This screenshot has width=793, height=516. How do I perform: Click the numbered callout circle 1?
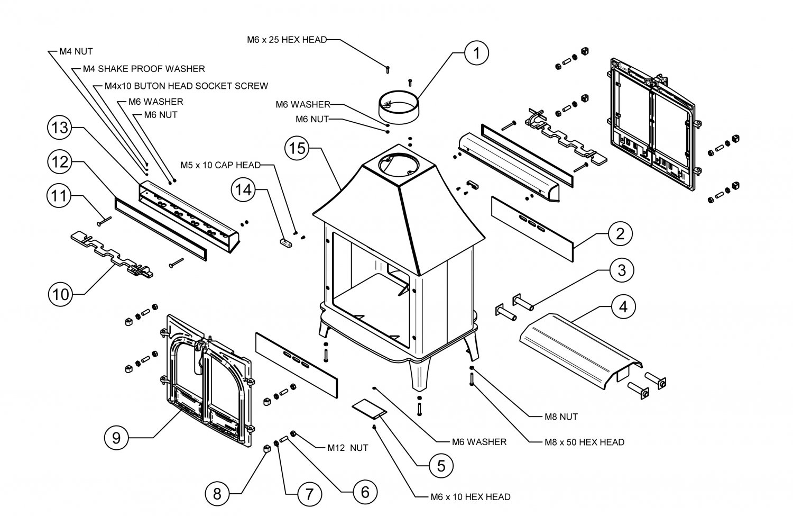tap(477, 52)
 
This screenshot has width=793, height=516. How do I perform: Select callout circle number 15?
tap(298, 149)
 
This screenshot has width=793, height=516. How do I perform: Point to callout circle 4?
tap(623, 307)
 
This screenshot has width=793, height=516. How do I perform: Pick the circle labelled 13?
tap(60, 129)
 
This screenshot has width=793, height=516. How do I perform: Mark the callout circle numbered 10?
tap(61, 294)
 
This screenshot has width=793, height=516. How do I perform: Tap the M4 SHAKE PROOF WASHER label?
tap(144, 69)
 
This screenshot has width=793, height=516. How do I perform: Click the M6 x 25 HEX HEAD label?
tap(287, 40)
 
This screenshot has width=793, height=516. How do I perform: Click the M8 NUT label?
tap(561, 417)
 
